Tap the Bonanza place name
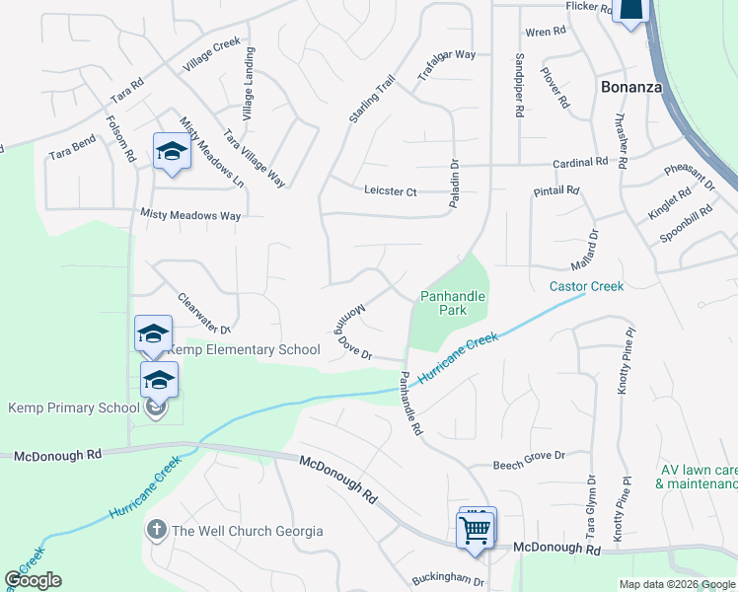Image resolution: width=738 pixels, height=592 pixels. (631, 87)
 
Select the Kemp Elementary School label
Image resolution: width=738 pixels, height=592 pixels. (244, 349)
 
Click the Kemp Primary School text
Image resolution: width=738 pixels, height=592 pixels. (74, 407)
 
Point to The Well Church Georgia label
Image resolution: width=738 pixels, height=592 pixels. (247, 531)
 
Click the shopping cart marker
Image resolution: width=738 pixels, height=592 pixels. (476, 529)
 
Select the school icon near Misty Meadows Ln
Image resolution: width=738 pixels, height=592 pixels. (171, 152)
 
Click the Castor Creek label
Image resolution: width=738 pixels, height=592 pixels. (587, 286)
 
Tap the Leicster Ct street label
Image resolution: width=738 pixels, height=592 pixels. (391, 190)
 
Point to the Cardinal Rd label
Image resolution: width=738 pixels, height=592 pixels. (580, 162)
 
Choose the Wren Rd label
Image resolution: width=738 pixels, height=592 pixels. (546, 32)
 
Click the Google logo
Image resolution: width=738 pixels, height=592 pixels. (33, 580)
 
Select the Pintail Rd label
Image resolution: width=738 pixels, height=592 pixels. (556, 189)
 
